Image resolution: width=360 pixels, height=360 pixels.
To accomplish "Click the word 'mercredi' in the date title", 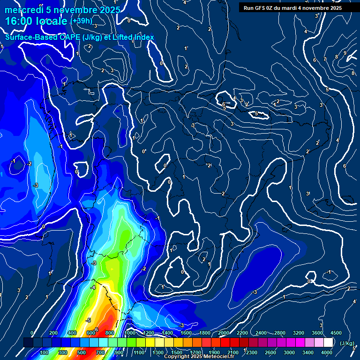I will coord(22,10).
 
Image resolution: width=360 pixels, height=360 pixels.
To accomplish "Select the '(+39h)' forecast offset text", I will coord(82,21).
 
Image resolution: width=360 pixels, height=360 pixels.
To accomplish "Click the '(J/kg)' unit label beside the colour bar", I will coord(346,343).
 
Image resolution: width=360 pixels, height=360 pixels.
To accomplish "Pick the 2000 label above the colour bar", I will coord(224,333).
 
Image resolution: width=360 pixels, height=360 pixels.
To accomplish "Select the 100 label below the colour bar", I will coord(44,352).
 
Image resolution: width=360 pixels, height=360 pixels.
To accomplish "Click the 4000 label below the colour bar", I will coord(327,352).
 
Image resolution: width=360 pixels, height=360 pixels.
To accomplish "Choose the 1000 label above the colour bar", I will coord(130,333).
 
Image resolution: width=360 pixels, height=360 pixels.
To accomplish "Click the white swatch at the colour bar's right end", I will coord(328,343).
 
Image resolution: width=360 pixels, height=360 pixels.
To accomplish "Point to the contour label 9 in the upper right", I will coord(345,53).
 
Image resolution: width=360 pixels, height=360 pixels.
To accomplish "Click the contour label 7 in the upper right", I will coord(325,59).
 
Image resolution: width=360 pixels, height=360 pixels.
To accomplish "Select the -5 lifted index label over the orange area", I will coord(88,320).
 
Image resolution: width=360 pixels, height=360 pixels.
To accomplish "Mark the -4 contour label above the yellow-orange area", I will coord(93,287).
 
